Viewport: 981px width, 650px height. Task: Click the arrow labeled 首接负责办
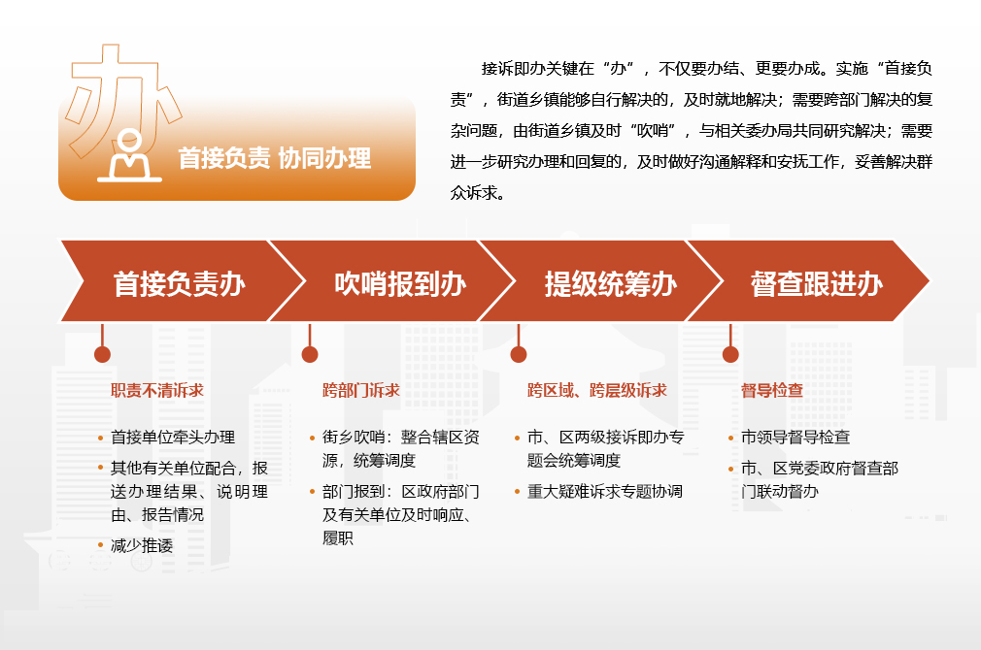coord(182,281)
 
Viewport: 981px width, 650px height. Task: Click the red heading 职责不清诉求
coord(157,391)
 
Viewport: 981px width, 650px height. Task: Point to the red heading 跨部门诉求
coord(361,391)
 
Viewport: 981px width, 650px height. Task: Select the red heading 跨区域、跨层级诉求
coord(597,391)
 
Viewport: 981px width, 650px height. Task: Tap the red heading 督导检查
coord(772,391)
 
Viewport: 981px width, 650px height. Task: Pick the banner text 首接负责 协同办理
coord(275,158)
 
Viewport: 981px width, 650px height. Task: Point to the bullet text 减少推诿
coord(142,545)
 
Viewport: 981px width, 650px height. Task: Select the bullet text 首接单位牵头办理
coord(173,437)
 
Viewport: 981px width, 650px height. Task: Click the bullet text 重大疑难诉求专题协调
coord(605,491)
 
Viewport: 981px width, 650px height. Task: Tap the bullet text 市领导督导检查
coord(795,437)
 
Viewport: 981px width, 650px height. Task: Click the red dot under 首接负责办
coord(102,354)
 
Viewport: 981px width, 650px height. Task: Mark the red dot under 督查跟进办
coord(730,354)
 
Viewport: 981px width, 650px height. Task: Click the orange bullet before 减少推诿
coord(100,545)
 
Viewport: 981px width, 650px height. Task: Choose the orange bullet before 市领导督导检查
coord(730,438)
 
